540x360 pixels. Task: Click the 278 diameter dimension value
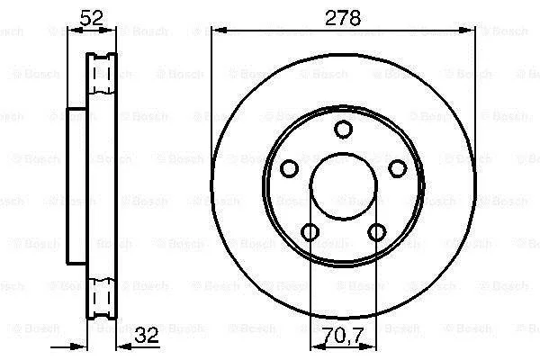(x=343, y=18)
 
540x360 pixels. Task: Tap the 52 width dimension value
(x=91, y=18)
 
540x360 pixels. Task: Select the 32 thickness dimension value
(x=147, y=335)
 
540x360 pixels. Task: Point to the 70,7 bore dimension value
(x=344, y=335)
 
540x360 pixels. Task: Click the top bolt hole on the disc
(x=344, y=130)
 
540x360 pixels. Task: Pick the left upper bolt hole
(x=289, y=168)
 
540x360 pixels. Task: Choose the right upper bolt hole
(x=398, y=168)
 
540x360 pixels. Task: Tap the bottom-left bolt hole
(x=310, y=232)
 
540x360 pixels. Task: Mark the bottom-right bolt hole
(x=377, y=232)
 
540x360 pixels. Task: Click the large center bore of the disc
(x=344, y=186)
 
